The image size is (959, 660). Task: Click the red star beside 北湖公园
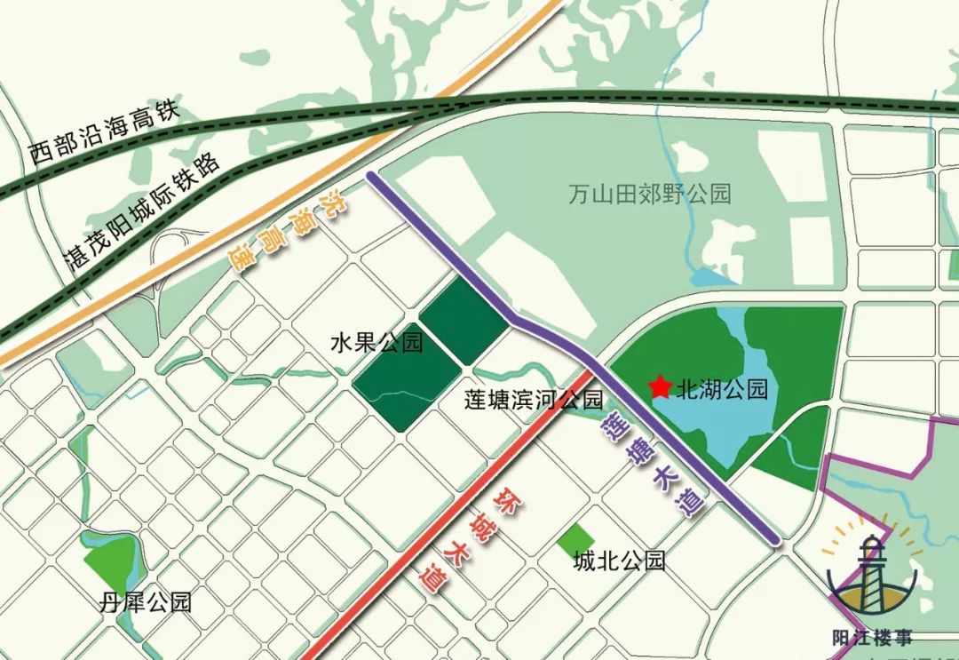point(660,387)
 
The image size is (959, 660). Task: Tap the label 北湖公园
point(721,389)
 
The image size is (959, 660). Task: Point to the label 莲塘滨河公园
point(533,400)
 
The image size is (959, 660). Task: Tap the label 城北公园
point(619,561)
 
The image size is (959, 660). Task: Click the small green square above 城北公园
point(578,537)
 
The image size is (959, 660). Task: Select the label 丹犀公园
point(145,603)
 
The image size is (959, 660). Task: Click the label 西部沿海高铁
point(104,134)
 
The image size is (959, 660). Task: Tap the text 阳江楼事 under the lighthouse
point(873,637)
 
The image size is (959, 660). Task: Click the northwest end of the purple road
point(372,177)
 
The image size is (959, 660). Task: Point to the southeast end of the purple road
point(775,537)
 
